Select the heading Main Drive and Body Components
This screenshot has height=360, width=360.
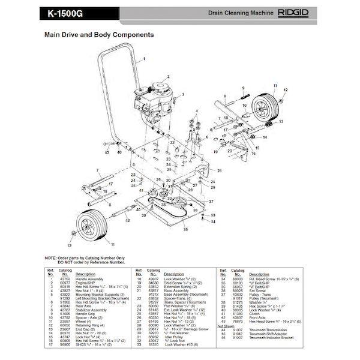(x=99, y=35)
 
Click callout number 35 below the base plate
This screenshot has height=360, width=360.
(x=185, y=230)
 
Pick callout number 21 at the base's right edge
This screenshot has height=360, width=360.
(x=220, y=171)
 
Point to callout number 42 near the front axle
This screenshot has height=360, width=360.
(x=128, y=221)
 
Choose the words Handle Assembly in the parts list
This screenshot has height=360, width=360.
(x=89, y=280)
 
